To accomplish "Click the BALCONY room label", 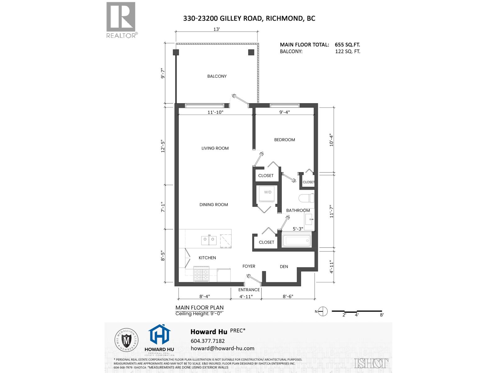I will click(x=217, y=76).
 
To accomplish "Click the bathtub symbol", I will click(x=296, y=241).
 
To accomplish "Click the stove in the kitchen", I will click(x=202, y=274).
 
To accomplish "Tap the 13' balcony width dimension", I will click(x=217, y=29).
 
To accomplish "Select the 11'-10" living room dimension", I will click(x=215, y=112).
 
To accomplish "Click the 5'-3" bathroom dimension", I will click(x=298, y=229).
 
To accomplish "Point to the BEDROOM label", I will click(x=285, y=140).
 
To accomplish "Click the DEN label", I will click(x=284, y=266).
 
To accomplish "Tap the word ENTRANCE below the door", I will click(x=249, y=290).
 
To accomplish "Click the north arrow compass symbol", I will click(x=323, y=311).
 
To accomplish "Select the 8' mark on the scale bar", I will click(x=382, y=315).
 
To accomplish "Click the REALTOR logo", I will click(x=121, y=20).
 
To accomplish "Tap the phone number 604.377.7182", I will click(x=207, y=341).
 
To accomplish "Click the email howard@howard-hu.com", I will click(x=222, y=348).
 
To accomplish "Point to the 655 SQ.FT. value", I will click(x=347, y=45).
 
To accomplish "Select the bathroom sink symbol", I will click(x=309, y=219).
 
